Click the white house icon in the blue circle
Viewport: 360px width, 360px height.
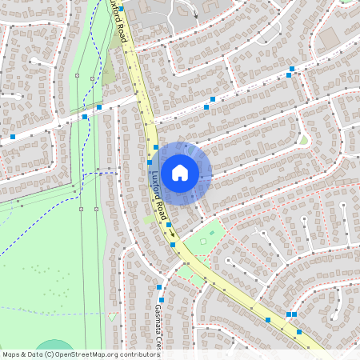[x=180, y=172]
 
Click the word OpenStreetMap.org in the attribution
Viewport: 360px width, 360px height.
[x=84, y=354]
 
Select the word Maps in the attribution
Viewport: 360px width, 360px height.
[x=11, y=354]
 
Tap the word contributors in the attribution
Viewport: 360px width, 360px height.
[x=135, y=354]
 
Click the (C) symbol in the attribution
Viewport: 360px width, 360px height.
[x=50, y=354]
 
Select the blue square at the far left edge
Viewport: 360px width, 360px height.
[x=13, y=137]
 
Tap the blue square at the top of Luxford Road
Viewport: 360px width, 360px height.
[x=121, y=9]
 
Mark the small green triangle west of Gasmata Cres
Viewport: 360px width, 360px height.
[x=112, y=316]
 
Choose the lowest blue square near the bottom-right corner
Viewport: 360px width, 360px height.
[x=299, y=331]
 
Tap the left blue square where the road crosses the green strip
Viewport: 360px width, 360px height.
[x=84, y=117]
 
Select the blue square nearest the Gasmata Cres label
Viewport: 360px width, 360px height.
[x=161, y=300]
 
